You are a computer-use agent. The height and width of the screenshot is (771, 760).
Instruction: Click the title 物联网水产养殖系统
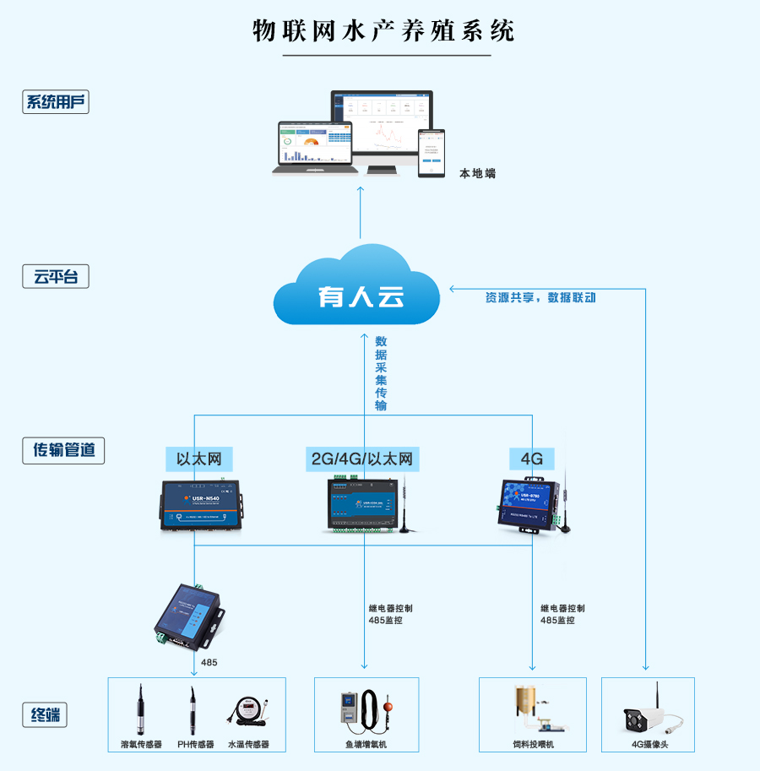384,30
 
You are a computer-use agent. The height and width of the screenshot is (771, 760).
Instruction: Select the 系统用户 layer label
56,102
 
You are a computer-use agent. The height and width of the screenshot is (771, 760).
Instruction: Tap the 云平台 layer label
56,276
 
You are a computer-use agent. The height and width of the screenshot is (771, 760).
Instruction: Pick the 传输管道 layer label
63,450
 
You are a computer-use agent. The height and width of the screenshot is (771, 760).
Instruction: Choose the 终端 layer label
44,715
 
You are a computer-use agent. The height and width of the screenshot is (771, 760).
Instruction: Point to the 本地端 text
477,173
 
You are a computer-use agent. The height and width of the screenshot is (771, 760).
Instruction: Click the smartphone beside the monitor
432,153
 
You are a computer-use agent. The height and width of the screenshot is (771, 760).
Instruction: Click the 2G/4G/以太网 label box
362,459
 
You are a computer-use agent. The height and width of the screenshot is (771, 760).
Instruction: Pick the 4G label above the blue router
531,459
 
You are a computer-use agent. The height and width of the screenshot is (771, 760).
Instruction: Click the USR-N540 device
200,506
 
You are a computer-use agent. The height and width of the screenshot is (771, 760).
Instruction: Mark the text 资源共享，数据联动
540,297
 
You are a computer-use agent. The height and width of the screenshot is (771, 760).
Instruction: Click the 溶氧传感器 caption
141,745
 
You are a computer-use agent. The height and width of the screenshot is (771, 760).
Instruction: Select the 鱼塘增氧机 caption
366,745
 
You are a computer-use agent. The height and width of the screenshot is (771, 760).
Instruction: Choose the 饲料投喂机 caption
532,745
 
